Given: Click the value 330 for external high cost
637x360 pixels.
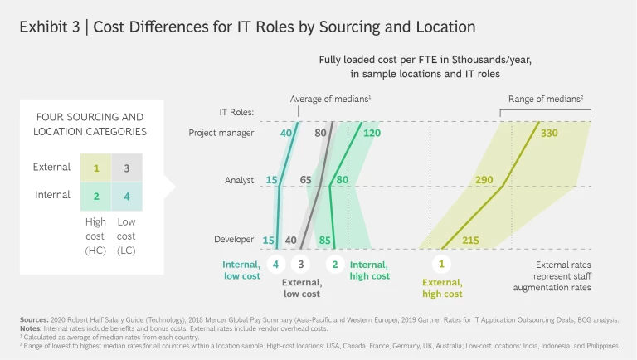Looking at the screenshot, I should (x=549, y=133).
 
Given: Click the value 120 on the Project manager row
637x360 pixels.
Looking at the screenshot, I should (x=371, y=133).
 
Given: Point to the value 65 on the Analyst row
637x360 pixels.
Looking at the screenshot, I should (x=306, y=180).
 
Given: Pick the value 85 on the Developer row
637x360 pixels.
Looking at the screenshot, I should (x=325, y=241).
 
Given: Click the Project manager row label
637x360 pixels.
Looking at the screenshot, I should (x=221, y=133).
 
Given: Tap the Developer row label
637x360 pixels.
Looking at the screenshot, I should (x=233, y=240).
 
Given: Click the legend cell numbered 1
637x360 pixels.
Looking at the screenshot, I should (x=96, y=168).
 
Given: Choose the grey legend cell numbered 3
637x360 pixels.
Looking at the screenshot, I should (x=126, y=168).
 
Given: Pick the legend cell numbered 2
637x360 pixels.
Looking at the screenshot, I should (x=96, y=197).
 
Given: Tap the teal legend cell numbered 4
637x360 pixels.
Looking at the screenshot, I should (x=126, y=197).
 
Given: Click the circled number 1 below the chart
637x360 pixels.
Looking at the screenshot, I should (x=441, y=265).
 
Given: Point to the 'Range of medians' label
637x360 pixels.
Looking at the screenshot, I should (x=546, y=99).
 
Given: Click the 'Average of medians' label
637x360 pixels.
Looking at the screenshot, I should (x=329, y=99).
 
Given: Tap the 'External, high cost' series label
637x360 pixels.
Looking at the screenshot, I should (x=441, y=288).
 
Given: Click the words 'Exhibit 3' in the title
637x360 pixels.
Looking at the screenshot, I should (x=49, y=26).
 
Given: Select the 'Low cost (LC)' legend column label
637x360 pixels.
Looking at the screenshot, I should (x=126, y=236).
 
